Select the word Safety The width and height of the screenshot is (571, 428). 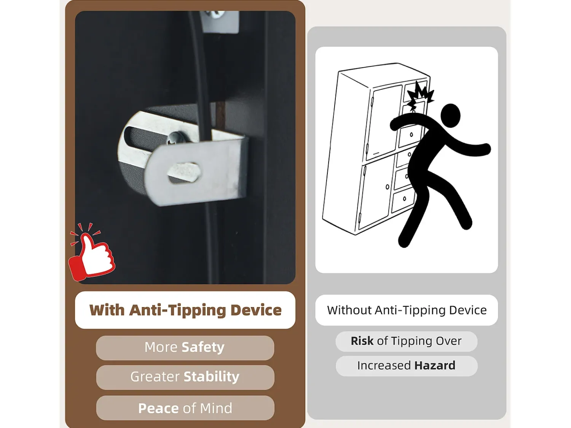tap(203, 347)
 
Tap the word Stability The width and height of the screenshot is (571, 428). tap(212, 377)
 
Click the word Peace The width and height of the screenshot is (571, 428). tap(158, 408)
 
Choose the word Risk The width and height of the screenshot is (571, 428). tap(362, 341)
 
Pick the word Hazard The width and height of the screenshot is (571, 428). tap(435, 365)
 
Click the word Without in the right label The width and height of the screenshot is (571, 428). tap(349, 310)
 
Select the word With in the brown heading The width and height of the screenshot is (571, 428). tap(107, 310)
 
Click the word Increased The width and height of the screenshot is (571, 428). tap(384, 365)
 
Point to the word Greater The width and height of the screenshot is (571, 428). tap(155, 377)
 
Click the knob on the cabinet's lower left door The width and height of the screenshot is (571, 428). tap(387, 187)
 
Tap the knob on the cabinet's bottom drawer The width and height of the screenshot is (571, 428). tap(404, 199)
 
